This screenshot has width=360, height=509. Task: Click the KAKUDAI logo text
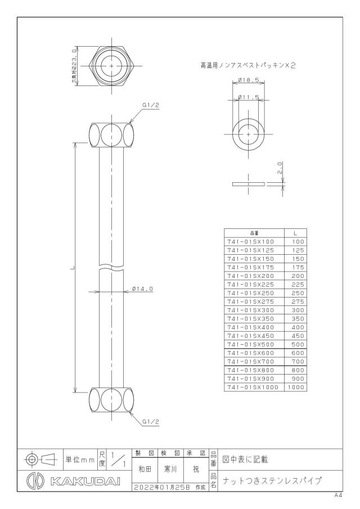(x=85, y=481)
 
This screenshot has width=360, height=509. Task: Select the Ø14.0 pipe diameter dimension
(x=142, y=289)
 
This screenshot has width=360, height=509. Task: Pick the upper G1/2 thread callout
(x=151, y=105)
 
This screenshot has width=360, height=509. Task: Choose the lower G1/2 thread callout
(x=151, y=422)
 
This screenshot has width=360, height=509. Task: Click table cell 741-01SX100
(x=251, y=241)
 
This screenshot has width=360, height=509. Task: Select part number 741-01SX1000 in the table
(x=253, y=387)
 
